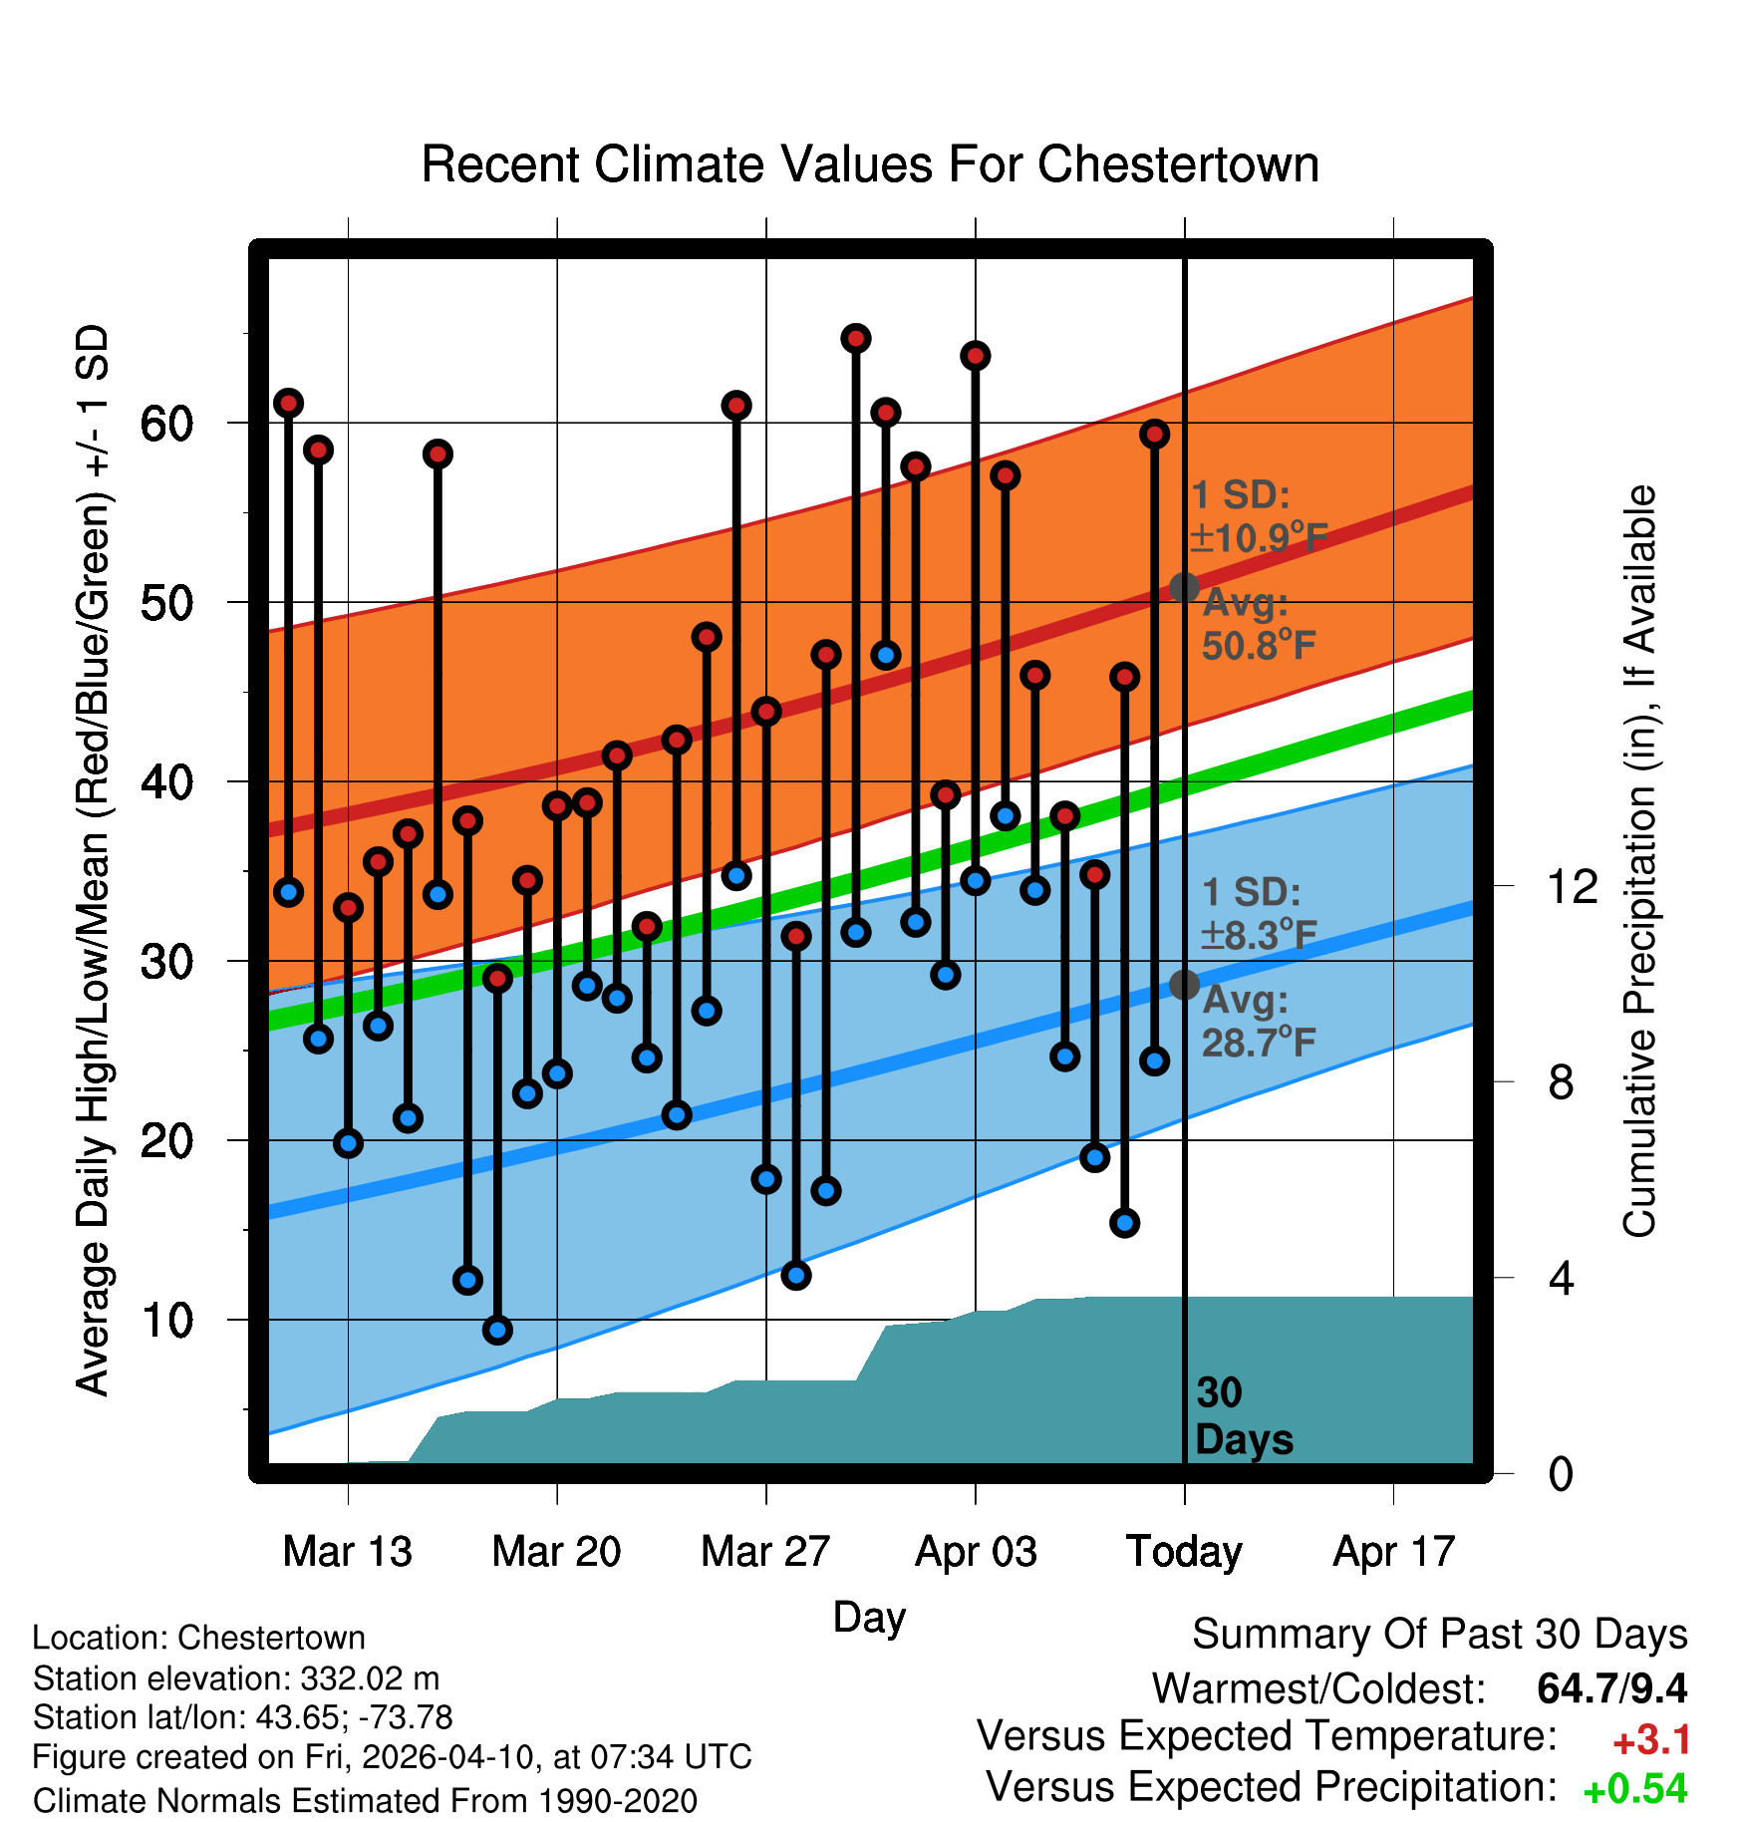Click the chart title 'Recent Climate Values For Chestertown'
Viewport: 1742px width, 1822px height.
(x=870, y=164)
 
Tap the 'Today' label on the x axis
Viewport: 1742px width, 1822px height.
(x=1184, y=1552)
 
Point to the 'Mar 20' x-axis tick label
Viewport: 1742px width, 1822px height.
(x=556, y=1552)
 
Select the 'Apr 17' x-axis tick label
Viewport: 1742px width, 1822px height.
(x=1394, y=1552)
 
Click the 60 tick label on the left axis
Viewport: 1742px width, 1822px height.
(x=166, y=424)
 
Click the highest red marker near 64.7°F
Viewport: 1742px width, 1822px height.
(x=855, y=339)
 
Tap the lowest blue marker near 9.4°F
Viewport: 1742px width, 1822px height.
(x=497, y=1330)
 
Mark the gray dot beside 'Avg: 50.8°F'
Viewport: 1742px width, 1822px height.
(x=1184, y=587)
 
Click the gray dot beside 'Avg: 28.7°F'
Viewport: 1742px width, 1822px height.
(x=1184, y=985)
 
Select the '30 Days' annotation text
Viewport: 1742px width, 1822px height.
(x=1243, y=1416)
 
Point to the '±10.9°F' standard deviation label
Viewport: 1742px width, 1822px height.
(x=1259, y=538)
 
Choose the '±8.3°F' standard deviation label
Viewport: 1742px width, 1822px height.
(x=1259, y=935)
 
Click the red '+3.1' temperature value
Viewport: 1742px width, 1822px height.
(x=1651, y=1740)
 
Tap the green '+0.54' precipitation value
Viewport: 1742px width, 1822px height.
(x=1635, y=1789)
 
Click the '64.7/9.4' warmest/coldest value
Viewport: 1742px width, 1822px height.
(x=1611, y=1688)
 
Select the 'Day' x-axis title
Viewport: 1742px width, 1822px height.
(x=869, y=1617)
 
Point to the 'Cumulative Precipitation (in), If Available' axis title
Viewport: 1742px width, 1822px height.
(x=1639, y=861)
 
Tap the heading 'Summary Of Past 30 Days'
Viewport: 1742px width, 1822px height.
(x=1439, y=1635)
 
